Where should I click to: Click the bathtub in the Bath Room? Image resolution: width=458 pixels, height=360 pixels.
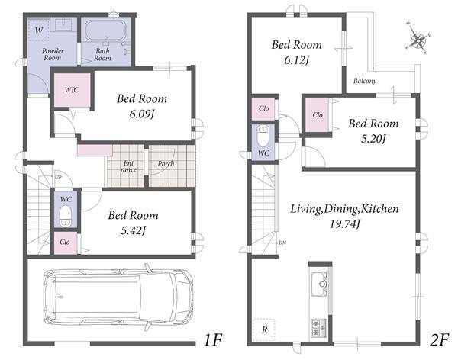tap(105, 31)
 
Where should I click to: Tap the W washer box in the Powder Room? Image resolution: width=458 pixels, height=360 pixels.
tap(39, 31)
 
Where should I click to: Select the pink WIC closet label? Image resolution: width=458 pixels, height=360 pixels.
tap(72, 90)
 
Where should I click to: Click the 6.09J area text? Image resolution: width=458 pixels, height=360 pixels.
tap(142, 114)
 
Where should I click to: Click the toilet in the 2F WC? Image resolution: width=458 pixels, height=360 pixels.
tap(263, 136)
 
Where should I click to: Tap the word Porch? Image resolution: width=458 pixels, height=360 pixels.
tap(166, 164)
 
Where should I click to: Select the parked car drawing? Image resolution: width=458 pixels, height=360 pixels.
tap(118, 297)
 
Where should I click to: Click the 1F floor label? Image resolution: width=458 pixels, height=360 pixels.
tap(213, 340)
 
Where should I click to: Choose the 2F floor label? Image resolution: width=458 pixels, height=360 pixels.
tap(439, 340)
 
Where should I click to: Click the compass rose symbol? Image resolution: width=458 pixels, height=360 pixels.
tap(418, 39)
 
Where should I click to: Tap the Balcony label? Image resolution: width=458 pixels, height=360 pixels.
tap(365, 81)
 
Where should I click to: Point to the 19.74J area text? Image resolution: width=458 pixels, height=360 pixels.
tap(345, 224)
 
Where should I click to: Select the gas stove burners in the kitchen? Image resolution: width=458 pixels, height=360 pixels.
tap(319, 328)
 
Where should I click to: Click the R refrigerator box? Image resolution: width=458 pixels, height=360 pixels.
tap(264, 330)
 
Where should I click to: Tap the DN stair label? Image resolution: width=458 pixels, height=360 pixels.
tap(282, 243)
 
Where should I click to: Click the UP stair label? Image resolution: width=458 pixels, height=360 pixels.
tap(58, 177)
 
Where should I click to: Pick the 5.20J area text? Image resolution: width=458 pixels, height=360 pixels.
tap(373, 139)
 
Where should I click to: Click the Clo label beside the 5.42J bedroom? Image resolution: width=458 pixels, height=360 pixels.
tap(65, 242)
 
